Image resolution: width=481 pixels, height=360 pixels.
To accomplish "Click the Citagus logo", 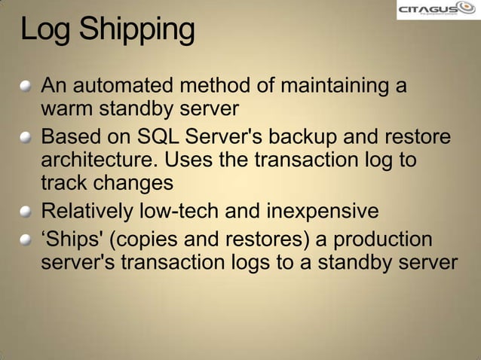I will pos(437,11).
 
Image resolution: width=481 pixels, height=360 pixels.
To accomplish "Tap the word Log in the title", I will pos(46,30).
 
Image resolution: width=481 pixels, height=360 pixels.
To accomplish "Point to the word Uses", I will pos(188,161).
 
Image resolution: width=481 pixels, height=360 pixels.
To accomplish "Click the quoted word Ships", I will pos(72,240).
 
